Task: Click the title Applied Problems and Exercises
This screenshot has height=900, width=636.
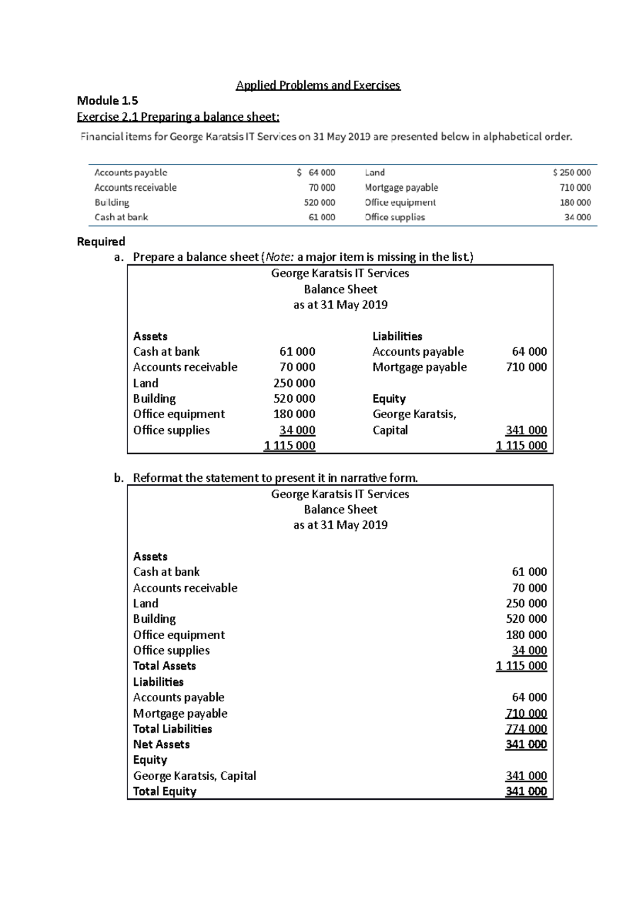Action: click(318, 85)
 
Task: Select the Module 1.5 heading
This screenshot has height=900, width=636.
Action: click(108, 101)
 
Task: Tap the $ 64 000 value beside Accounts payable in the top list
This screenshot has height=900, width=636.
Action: click(316, 172)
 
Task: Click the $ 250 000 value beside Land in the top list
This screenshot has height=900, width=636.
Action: click(571, 172)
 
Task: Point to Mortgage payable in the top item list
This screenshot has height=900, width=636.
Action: click(401, 188)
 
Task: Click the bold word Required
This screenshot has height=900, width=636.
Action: click(101, 242)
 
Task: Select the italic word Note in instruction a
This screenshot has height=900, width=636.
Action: click(278, 257)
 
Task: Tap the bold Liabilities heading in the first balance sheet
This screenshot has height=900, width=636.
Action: click(397, 336)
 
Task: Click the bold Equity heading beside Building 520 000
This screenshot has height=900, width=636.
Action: click(389, 399)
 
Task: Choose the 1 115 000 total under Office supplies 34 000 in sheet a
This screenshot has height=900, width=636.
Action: click(289, 446)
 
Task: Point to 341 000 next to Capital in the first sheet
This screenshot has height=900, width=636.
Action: click(526, 430)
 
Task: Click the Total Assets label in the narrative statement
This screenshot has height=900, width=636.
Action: click(164, 666)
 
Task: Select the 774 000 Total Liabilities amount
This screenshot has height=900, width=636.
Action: click(526, 729)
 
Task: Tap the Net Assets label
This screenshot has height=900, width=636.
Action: click(161, 744)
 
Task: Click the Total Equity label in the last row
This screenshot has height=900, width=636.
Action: click(164, 791)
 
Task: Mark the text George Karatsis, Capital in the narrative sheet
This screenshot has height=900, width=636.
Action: click(195, 776)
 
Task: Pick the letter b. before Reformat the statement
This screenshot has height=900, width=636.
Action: click(119, 478)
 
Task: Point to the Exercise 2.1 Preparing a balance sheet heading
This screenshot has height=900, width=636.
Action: click(178, 117)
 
